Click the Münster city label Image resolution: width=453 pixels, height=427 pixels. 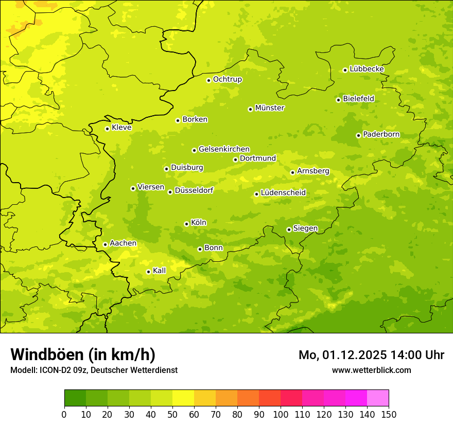click(269, 108)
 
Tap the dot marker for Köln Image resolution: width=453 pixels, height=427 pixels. click(186, 224)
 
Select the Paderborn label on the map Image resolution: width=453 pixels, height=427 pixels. click(381, 134)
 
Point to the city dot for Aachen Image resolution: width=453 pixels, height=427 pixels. click(105, 244)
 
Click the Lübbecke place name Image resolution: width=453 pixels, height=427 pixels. click(367, 69)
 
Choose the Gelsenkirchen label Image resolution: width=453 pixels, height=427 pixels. click(224, 149)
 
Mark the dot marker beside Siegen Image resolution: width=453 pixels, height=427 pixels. click(289, 229)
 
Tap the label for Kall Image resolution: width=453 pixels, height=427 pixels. click(159, 271)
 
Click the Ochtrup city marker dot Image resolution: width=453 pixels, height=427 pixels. click(208, 80)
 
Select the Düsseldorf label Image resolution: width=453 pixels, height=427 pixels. click(194, 190)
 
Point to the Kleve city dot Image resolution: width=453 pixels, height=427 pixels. click(107, 129)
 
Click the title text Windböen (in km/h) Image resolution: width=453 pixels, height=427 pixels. click(83, 354)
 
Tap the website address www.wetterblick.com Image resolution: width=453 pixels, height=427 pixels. click(371, 370)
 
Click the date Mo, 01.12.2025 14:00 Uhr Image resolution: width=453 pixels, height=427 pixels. click(371, 355)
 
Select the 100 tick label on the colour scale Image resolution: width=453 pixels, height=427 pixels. click(281, 415)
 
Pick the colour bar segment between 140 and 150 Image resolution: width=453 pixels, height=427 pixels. click(378, 398)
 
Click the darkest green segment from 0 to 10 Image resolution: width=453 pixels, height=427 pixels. click(75, 398)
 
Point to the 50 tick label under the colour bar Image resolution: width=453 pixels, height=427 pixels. click(172, 415)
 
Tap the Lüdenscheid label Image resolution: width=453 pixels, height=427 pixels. click(283, 193)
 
